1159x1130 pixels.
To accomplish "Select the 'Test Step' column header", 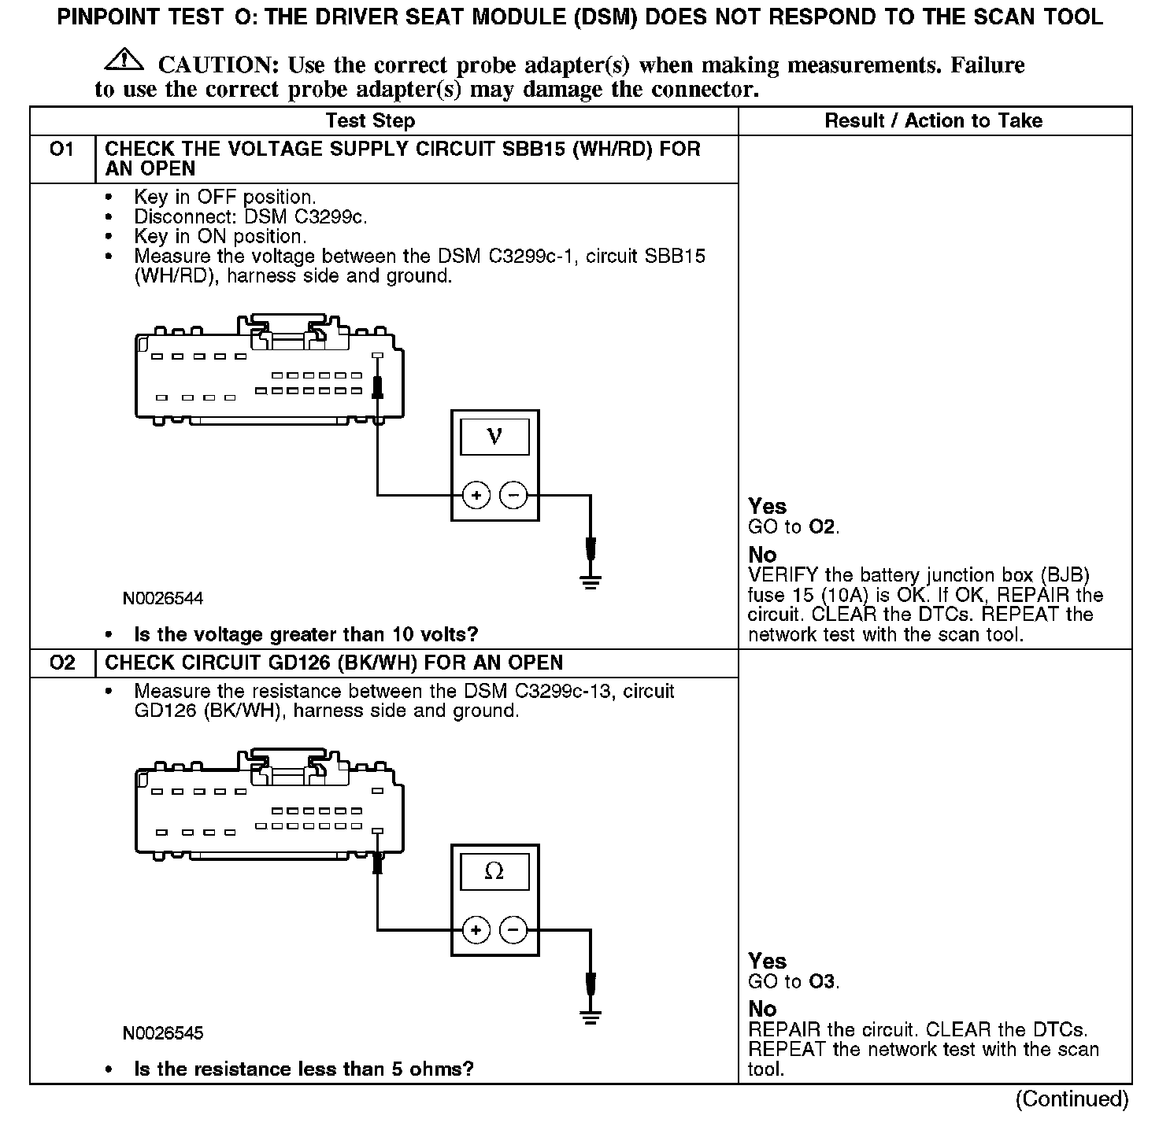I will pos(370,121).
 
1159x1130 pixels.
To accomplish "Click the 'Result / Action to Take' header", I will pos(933,121).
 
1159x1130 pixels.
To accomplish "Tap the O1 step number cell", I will pos(61,150).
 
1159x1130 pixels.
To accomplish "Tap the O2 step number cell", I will pos(61,663).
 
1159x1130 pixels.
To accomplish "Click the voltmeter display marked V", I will pos(494,436).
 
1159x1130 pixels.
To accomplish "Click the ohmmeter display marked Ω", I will pos(494,870).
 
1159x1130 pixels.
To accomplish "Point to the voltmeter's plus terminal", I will pos(476,495).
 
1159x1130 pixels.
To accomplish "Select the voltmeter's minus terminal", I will pos(513,495).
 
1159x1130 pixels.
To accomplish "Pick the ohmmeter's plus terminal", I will pos(476,929).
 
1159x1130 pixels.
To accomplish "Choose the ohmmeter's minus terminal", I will pos(513,929).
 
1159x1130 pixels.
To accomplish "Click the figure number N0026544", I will pos(163,599).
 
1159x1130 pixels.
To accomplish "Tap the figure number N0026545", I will pos(163,1033).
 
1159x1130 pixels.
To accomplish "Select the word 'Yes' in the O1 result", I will pos(767,507).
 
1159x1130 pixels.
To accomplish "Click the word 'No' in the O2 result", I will pos(762,1010).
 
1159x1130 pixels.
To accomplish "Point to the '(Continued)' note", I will pos(1072,1099).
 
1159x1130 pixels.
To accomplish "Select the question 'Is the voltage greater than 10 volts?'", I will pos(306,634).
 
